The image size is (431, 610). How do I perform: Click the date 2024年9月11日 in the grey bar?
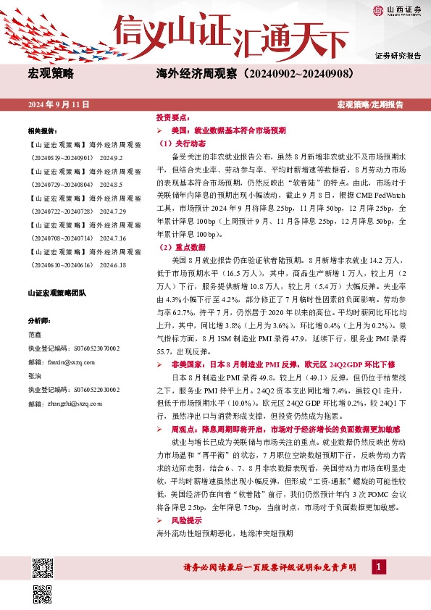click(x=59, y=105)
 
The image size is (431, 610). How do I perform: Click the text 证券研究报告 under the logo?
click(x=398, y=56)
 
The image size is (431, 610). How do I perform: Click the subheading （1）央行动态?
click(x=180, y=143)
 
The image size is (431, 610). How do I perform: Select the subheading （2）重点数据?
click(x=180, y=248)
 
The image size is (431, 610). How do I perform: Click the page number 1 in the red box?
click(x=378, y=567)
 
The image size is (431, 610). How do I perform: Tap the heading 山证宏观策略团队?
click(x=57, y=293)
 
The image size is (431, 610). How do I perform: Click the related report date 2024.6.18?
click(x=112, y=265)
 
